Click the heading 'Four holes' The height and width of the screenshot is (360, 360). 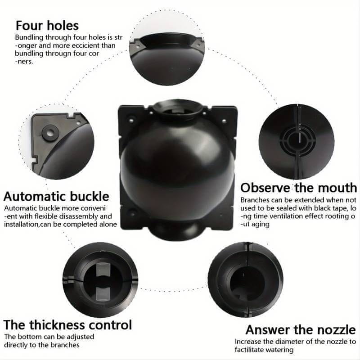pyautogui.click(x=47, y=26)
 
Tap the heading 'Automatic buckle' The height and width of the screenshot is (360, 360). pyautogui.click(x=56, y=197)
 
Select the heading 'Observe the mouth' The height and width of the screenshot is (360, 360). pyautogui.click(x=298, y=188)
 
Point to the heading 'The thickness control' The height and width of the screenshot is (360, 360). pyautogui.click(x=68, y=325)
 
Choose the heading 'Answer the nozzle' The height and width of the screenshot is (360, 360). pyautogui.click(x=301, y=330)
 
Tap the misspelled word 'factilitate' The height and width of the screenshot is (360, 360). pyautogui.click(x=248, y=350)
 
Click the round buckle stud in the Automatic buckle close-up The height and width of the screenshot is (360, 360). pyautogui.click(x=50, y=132)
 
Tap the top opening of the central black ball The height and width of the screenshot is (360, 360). pyautogui.click(x=177, y=110)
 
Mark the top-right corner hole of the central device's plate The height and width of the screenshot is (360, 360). pyautogui.click(x=223, y=120)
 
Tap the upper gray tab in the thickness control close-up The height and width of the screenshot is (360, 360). pyautogui.click(x=103, y=269)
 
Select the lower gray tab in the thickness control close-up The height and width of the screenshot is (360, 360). pyautogui.click(x=103, y=294)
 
